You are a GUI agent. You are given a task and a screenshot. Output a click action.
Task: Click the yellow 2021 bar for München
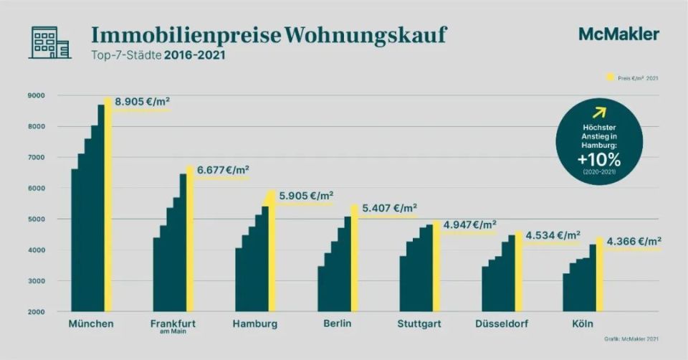[108, 208]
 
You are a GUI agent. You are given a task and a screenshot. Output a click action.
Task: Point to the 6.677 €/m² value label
[223, 170]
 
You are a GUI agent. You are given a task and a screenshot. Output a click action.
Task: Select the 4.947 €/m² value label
[470, 224]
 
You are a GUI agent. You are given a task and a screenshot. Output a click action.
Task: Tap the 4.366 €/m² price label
[634, 241]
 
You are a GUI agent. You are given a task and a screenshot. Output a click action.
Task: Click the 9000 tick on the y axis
[36, 95]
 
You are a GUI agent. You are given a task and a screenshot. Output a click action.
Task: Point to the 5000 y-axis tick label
[36, 219]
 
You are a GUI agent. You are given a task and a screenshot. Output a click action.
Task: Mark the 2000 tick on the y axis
[36, 312]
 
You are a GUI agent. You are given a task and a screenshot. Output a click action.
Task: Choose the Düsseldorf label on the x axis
[502, 324]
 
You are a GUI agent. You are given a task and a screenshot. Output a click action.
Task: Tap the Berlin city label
[337, 324]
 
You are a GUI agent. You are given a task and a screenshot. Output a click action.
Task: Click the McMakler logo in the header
[618, 34]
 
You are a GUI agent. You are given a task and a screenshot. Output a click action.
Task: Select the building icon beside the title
[49, 42]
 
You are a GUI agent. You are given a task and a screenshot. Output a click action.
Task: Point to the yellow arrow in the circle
[599, 112]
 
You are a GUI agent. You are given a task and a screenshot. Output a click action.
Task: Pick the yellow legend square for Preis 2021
[611, 77]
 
